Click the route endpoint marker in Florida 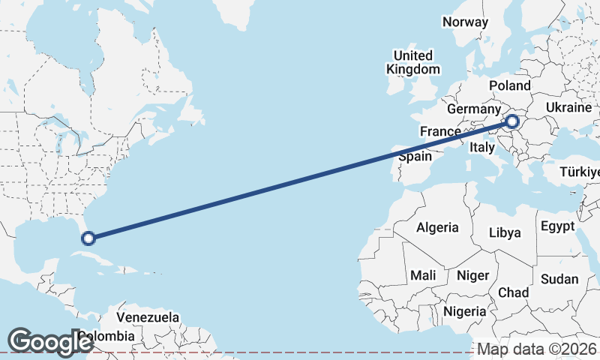(x=88, y=238)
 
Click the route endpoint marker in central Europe (x=512, y=121)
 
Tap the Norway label (x=465, y=22)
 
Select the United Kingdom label (x=412, y=62)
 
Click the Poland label (x=509, y=86)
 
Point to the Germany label (x=473, y=109)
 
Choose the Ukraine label (x=568, y=108)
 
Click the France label (x=439, y=131)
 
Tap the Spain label (x=415, y=156)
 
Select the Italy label (x=482, y=148)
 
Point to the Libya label (x=505, y=232)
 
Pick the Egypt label (x=557, y=226)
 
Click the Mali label (x=423, y=275)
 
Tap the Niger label (x=472, y=275)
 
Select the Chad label (x=513, y=292)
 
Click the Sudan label (x=559, y=279)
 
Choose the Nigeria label (x=466, y=310)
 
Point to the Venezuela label (x=147, y=317)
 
